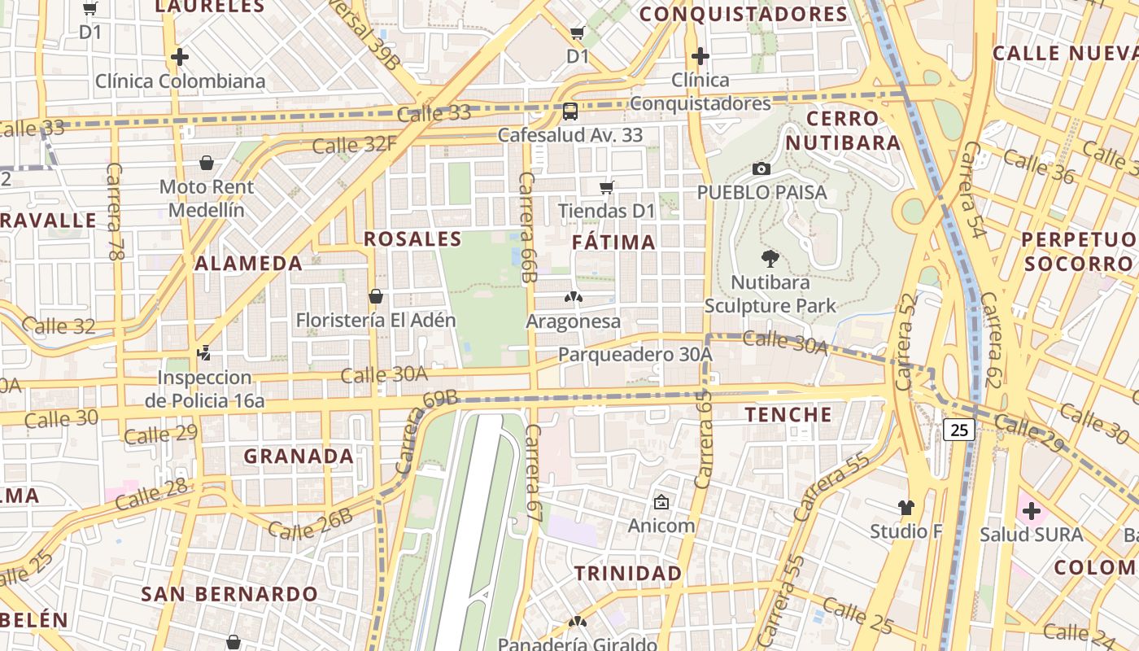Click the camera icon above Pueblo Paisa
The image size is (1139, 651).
762,169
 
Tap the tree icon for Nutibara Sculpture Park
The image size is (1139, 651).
770,260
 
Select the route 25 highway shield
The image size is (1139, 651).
959,430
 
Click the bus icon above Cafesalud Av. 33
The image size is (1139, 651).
570,111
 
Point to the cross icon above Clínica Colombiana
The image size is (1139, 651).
180,57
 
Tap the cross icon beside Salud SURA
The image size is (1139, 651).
1031,511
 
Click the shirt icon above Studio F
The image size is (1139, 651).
906,508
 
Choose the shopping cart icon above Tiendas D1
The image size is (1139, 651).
606,188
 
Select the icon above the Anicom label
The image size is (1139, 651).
661,502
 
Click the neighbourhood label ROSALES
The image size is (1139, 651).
412,239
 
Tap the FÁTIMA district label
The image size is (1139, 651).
613,242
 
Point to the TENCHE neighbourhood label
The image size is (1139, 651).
788,414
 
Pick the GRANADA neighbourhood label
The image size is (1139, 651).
299,456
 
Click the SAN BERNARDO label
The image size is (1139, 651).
229,594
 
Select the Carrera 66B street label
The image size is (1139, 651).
528,227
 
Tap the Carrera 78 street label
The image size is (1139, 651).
114,212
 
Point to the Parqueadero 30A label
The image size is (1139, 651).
635,355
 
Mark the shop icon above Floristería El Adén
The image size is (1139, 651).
375,296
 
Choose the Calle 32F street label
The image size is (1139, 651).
355,145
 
